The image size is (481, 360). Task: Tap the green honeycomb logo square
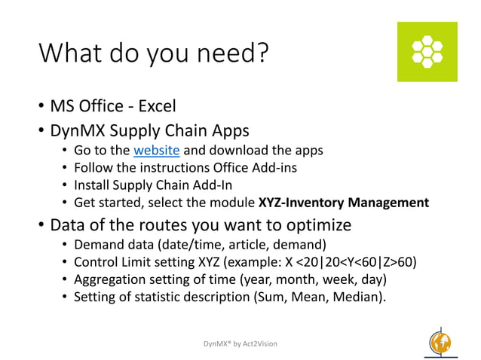point(427,52)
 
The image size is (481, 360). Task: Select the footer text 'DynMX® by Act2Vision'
point(240,343)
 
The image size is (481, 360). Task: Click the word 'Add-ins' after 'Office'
point(273,167)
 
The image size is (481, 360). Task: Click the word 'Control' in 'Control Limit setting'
point(97,262)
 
